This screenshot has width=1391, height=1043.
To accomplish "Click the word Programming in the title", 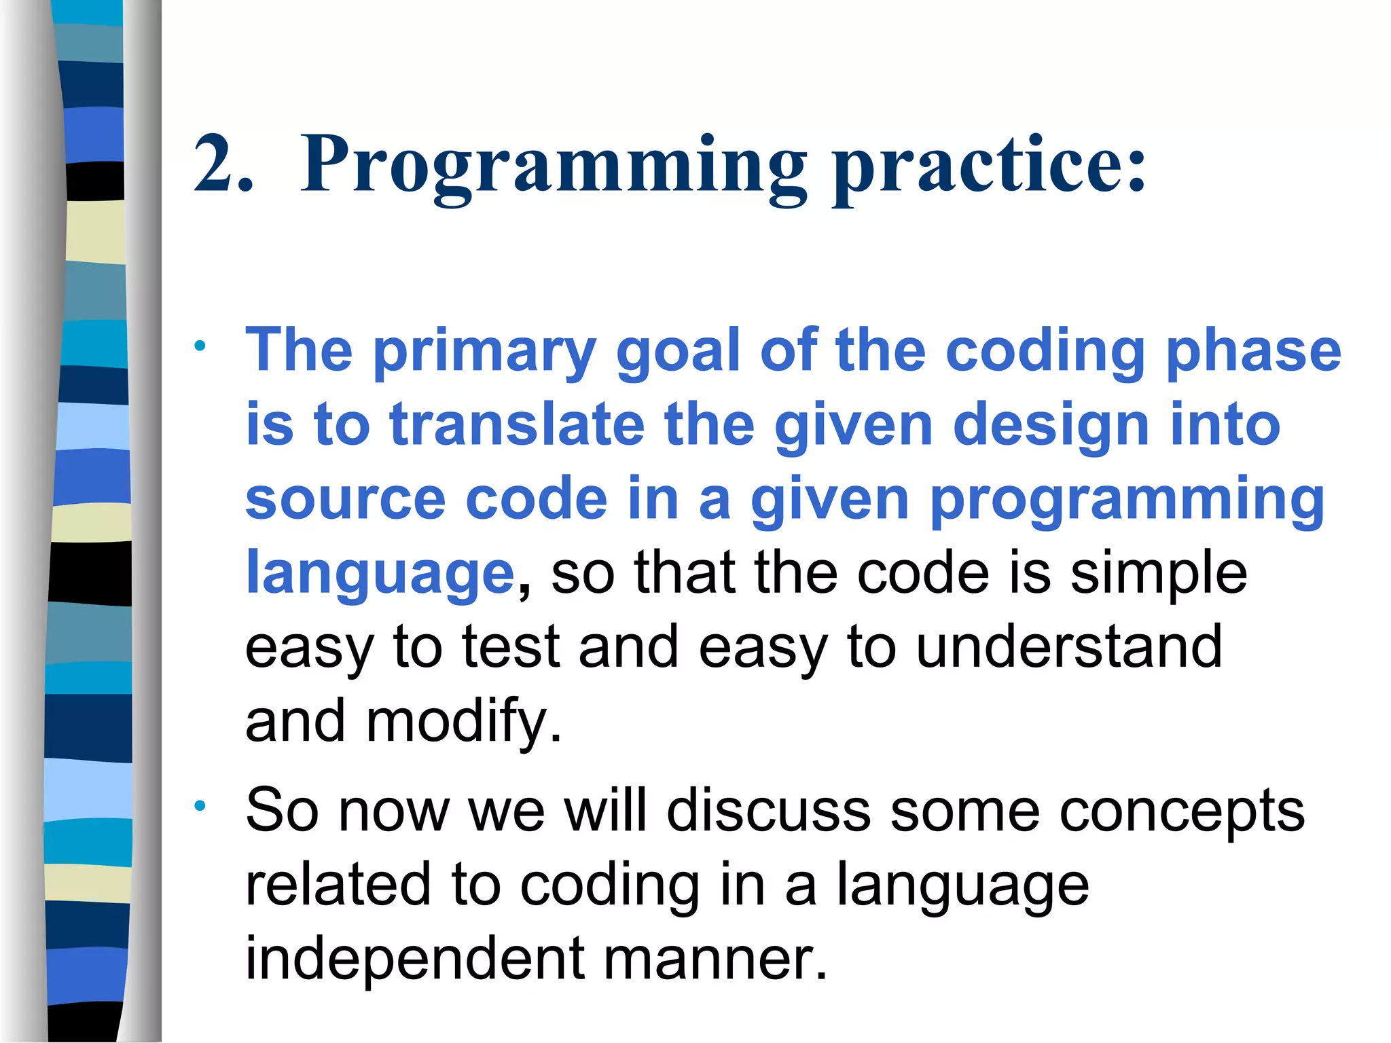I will coord(554,166).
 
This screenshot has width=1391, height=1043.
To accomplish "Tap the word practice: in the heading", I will coord(989,166).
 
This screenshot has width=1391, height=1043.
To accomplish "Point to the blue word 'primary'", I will coord(485,352).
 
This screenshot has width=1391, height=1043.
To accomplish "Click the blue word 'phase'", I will coord(1253,352).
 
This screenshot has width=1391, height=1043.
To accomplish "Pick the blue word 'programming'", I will coord(1127,501).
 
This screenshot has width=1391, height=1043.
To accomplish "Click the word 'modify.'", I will coord(464,721).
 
